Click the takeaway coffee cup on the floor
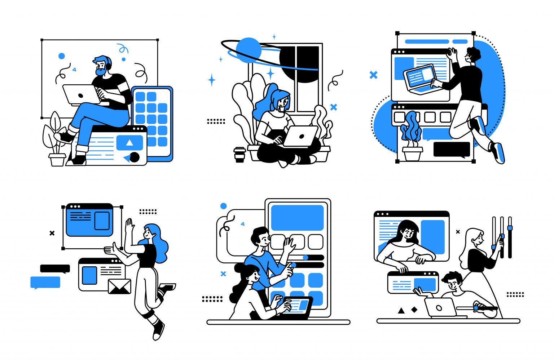click(239, 155)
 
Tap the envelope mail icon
click(120, 286)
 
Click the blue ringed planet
click(249, 50)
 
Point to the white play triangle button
click(129, 143)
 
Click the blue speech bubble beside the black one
click(45, 282)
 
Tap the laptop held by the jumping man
click(420, 77)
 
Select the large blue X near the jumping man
click(374, 75)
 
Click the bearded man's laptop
click(81, 95)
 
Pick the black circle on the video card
click(135, 157)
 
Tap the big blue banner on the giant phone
click(297, 218)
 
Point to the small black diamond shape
click(414, 310)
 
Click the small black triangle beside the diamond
click(401, 310)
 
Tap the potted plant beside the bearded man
click(55, 141)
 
